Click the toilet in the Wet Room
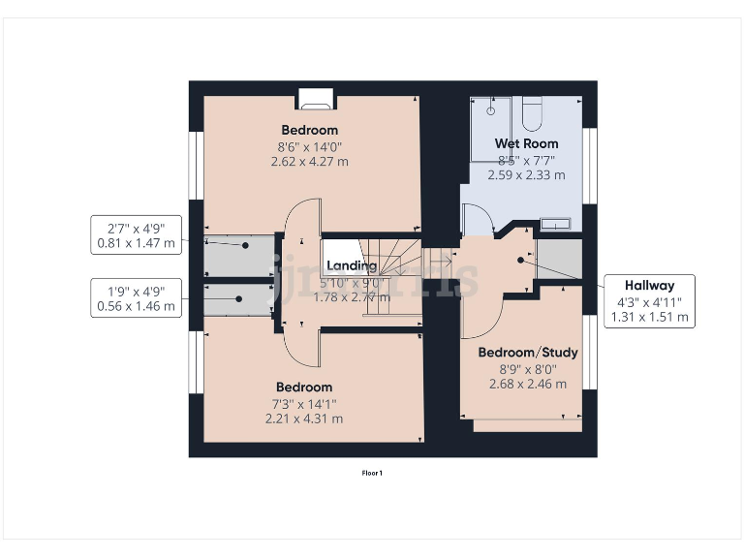click(531, 113)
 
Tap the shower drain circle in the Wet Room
click(491, 109)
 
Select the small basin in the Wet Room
click(555, 224)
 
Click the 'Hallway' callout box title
click(649, 285)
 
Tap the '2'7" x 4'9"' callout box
click(136, 234)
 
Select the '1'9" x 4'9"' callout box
click(136, 297)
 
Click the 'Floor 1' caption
click(372, 473)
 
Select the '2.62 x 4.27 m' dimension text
click(310, 161)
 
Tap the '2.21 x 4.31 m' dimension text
click(304, 418)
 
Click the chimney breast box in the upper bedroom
click(315, 96)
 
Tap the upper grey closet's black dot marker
click(246, 246)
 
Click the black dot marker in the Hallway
click(521, 260)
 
